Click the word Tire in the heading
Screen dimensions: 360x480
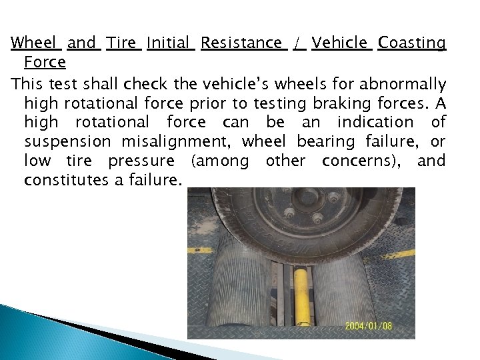click(x=123, y=43)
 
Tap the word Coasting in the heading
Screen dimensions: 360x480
click(x=411, y=43)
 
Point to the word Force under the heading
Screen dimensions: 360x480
click(x=45, y=63)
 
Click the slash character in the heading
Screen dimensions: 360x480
click(x=300, y=43)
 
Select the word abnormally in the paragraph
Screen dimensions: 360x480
click(x=404, y=83)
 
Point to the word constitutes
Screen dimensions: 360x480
click(x=67, y=180)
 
